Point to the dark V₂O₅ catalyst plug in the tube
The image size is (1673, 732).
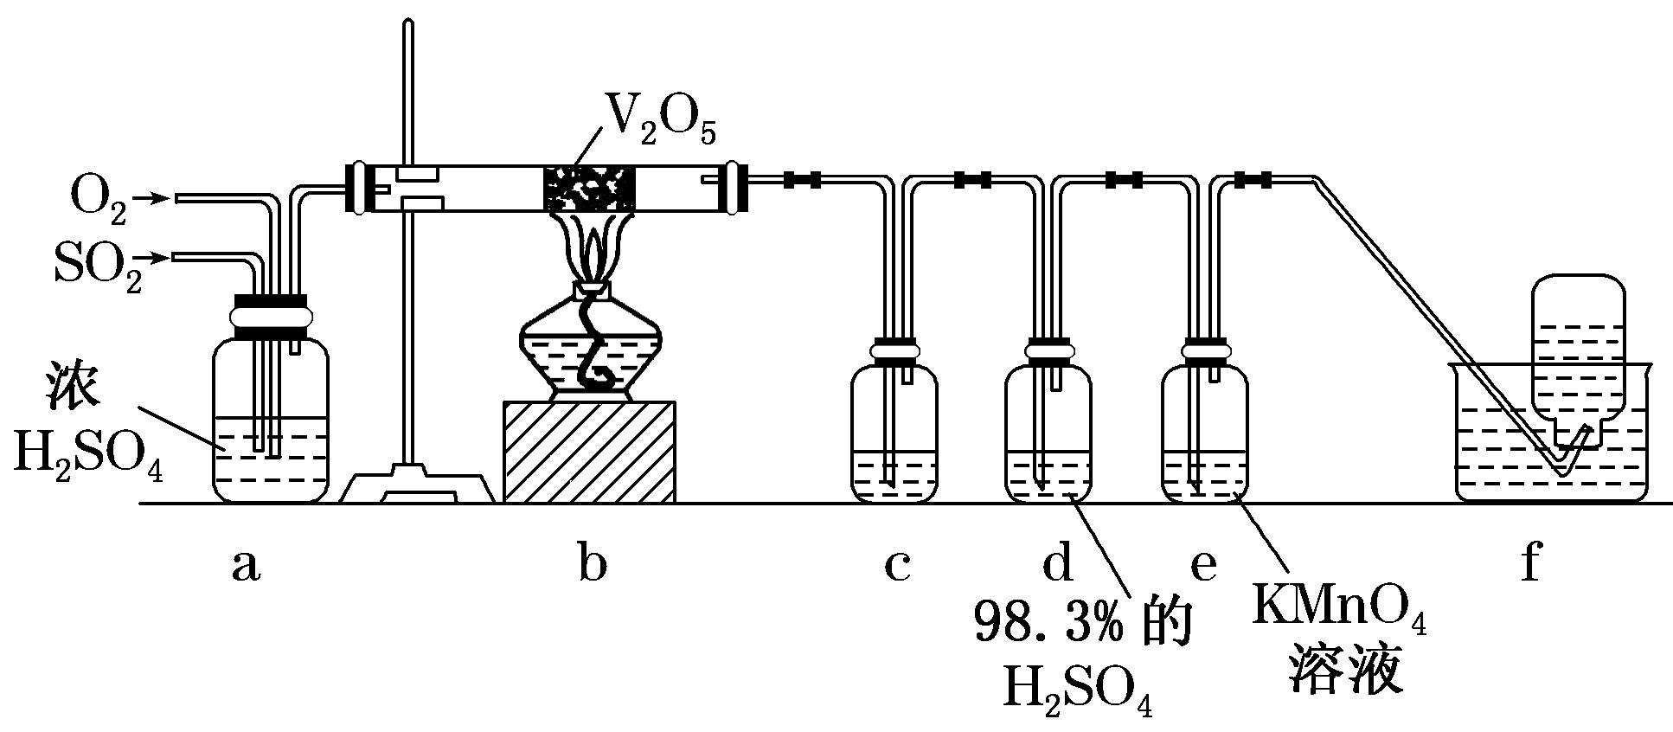coord(588,189)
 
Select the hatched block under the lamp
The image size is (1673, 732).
coord(589,451)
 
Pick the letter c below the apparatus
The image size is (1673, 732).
coord(896,568)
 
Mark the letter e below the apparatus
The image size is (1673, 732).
coord(1204,568)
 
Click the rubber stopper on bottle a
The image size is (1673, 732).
coord(270,317)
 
